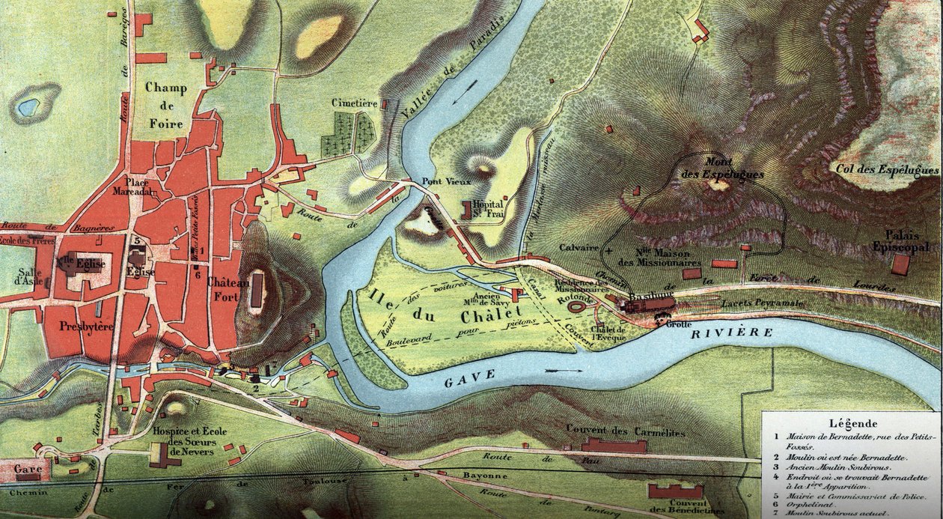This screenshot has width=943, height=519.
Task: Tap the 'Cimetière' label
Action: pos(354,103)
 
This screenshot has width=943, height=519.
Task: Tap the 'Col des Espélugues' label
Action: pos(889,170)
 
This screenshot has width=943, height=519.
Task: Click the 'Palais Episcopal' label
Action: pos(901,240)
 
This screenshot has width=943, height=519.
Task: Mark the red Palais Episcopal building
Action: pos(901,264)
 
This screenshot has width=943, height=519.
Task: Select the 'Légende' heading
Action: pos(850,423)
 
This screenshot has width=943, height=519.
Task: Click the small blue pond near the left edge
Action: pos(29,107)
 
